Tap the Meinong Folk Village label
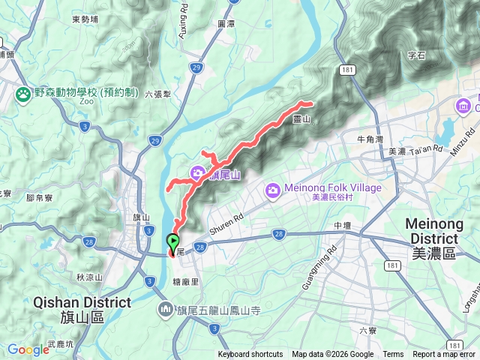point(333,187)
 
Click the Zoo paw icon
point(23,94)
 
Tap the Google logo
point(28,349)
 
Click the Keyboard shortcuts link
point(250,355)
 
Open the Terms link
point(393,355)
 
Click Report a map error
point(444,355)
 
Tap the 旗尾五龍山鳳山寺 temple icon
point(166,309)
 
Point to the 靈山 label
point(301,119)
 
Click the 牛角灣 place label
point(370,139)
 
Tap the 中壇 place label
point(342,225)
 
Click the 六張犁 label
point(158,94)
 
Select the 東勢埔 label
point(85,19)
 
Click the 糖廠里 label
point(184,281)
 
